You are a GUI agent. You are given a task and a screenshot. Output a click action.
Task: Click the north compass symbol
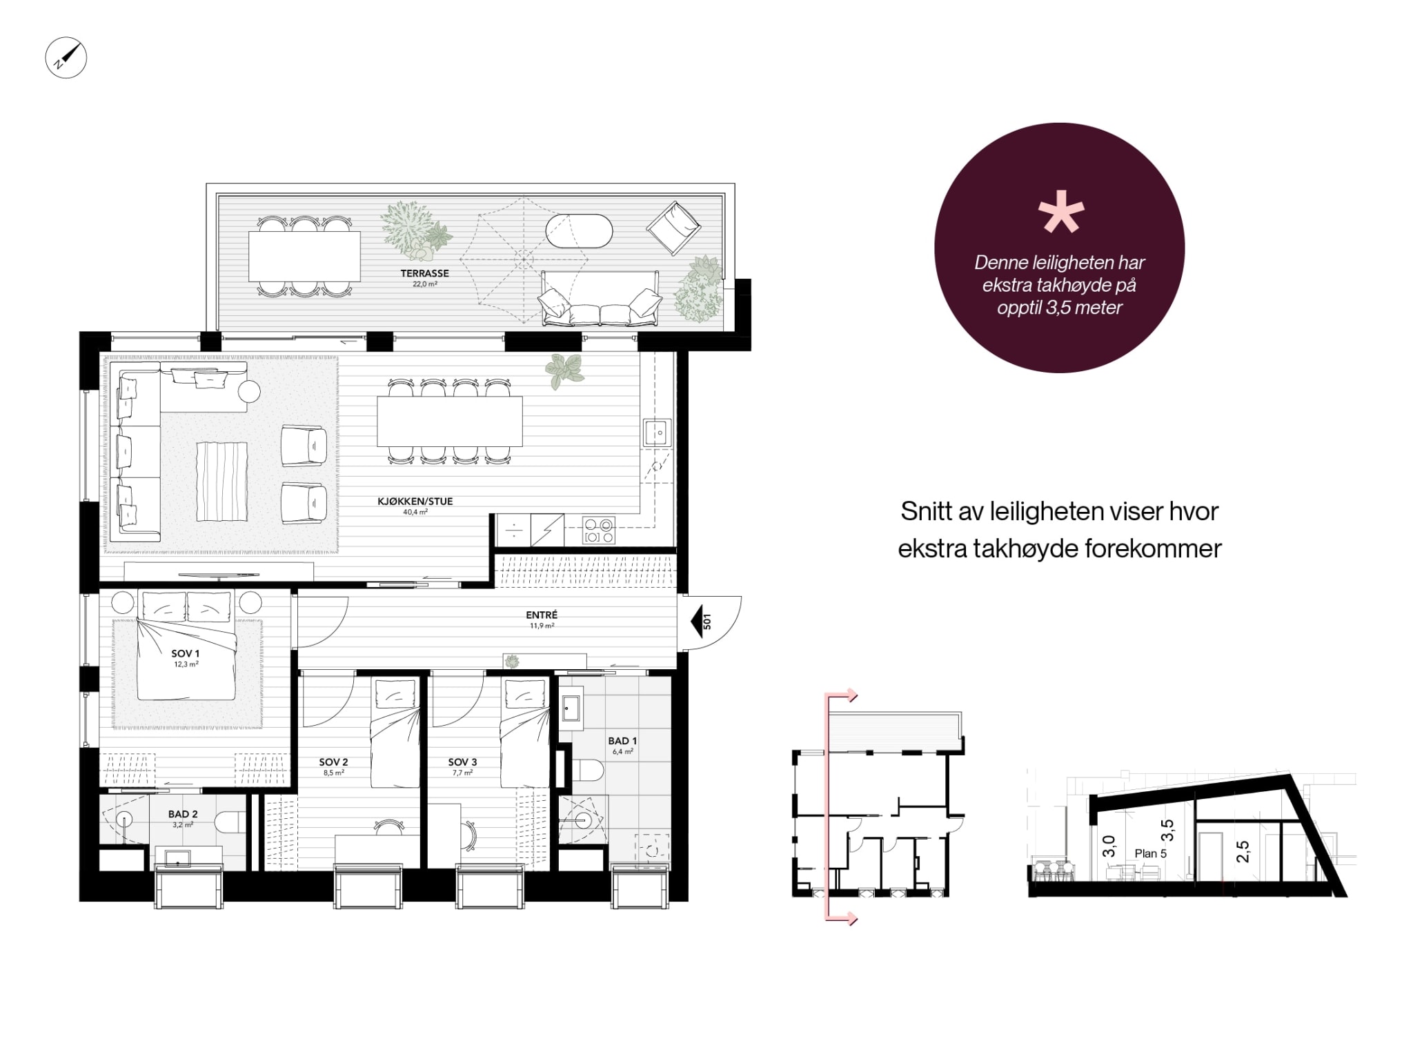(x=66, y=57)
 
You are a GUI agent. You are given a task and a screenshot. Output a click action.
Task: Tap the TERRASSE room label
(x=424, y=273)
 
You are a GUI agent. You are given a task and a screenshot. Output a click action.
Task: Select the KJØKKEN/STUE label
(x=415, y=502)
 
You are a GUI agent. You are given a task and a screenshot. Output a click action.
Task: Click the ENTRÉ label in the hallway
(x=542, y=615)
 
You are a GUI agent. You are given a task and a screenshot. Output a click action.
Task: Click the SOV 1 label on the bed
(x=186, y=653)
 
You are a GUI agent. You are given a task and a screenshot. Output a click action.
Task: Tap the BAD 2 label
(x=183, y=815)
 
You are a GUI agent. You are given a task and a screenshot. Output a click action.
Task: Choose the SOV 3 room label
(x=462, y=762)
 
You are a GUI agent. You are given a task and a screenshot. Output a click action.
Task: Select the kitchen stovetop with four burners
(x=598, y=530)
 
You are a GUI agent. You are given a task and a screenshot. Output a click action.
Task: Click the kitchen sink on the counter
(x=657, y=433)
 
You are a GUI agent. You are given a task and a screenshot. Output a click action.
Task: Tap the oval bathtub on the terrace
(x=579, y=231)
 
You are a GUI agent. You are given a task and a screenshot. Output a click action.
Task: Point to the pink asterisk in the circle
(x=1061, y=212)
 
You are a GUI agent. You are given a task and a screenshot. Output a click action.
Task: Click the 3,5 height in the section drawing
(x=1167, y=831)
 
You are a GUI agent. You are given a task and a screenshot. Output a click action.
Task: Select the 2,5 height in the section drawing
(x=1243, y=851)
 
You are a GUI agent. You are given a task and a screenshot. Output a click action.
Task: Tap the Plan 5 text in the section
(x=1151, y=853)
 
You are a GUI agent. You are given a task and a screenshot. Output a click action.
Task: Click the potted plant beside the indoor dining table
(x=565, y=371)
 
